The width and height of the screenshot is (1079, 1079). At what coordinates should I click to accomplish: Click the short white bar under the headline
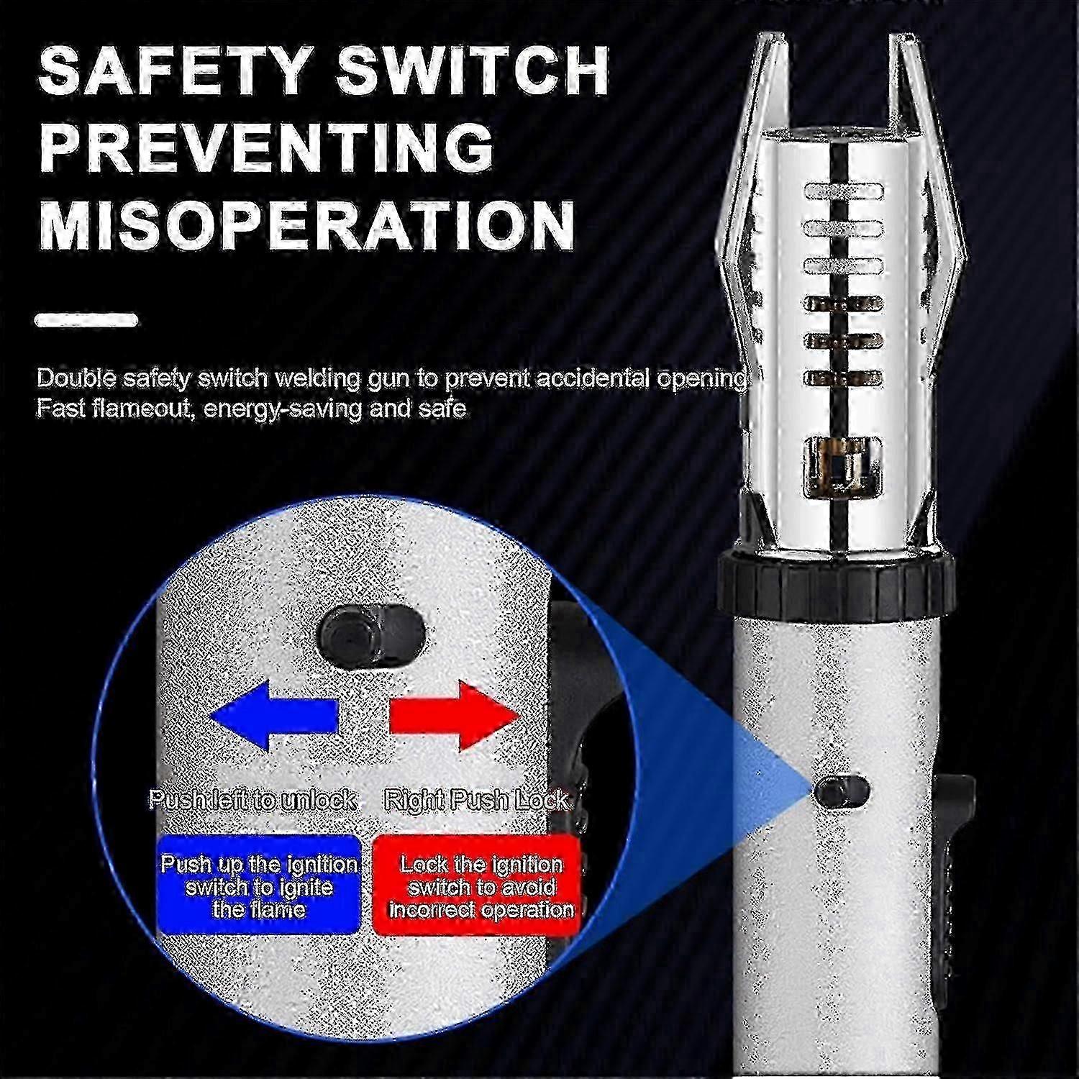[86, 320]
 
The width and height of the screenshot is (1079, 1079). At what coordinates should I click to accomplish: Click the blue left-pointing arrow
[274, 716]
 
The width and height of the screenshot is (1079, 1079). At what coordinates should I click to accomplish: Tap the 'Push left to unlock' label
[252, 799]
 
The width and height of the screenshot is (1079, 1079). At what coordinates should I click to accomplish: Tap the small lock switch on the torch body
[842, 790]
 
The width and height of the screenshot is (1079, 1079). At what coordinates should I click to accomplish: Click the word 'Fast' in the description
[61, 409]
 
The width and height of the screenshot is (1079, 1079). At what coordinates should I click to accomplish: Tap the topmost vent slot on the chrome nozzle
[843, 191]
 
